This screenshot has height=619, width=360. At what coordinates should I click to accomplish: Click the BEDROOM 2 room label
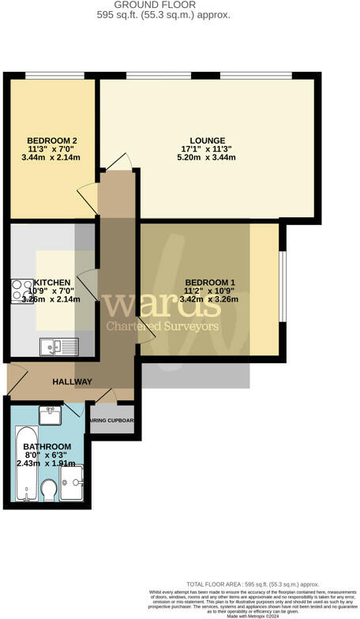[52, 141]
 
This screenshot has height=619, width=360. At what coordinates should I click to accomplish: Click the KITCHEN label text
[53, 283]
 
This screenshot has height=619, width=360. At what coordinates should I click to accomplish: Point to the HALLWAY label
[73, 382]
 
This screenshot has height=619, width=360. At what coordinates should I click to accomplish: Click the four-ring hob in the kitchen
[21, 290]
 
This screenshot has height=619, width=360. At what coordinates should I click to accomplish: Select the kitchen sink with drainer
[60, 344]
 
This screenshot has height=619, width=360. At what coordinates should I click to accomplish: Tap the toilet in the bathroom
[49, 491]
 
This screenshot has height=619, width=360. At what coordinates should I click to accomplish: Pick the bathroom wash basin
[50, 413]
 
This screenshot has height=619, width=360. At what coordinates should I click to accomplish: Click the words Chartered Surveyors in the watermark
[163, 326]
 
